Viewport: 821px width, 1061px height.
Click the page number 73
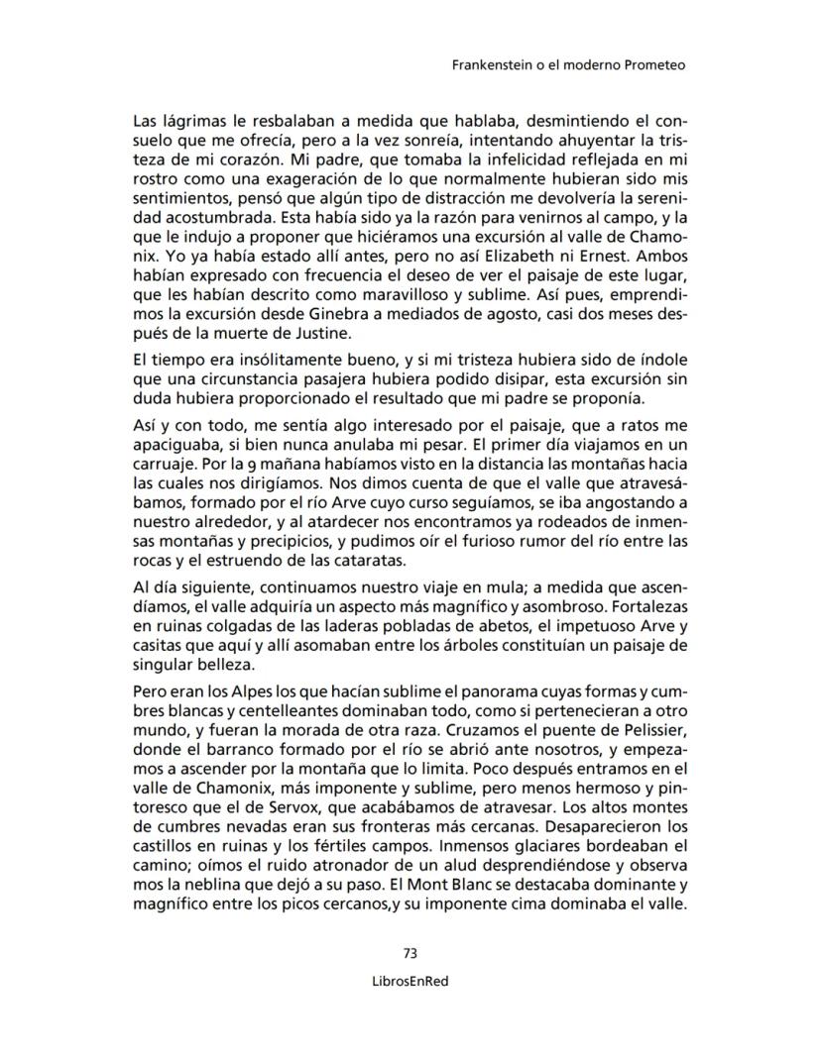click(410, 953)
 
